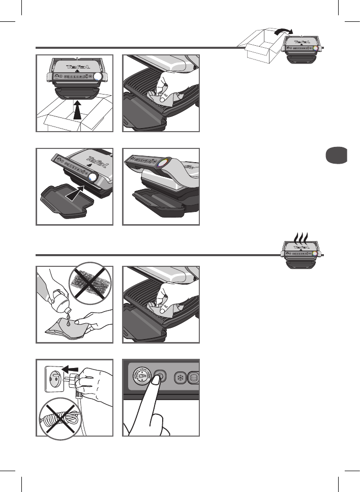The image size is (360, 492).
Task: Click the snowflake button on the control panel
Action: (179, 378)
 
